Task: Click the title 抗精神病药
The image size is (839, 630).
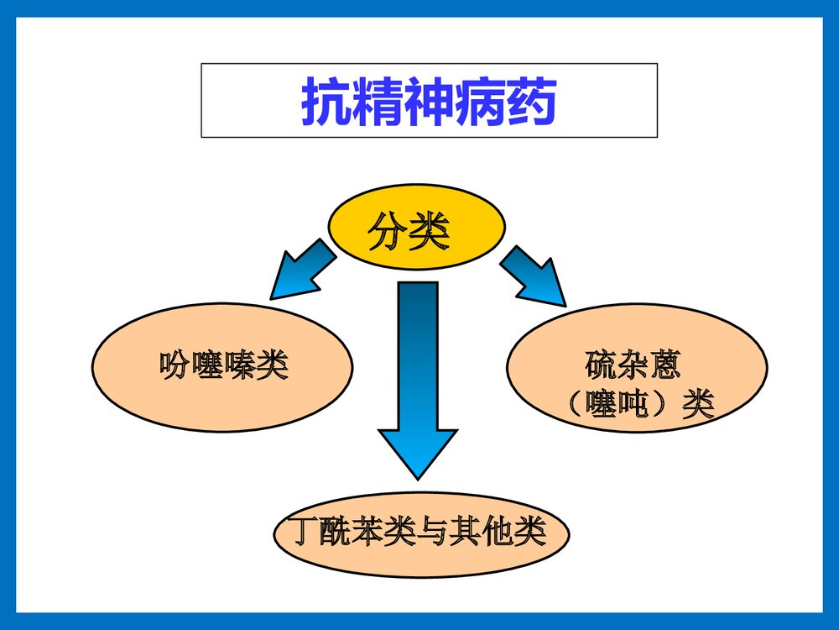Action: click(429, 102)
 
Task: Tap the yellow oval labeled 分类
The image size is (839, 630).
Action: click(416, 228)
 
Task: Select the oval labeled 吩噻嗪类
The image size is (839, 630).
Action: click(223, 367)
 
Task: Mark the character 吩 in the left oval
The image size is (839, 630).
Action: click(174, 366)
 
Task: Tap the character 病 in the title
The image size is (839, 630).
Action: click(481, 102)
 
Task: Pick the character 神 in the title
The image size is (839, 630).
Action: click(429, 102)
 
